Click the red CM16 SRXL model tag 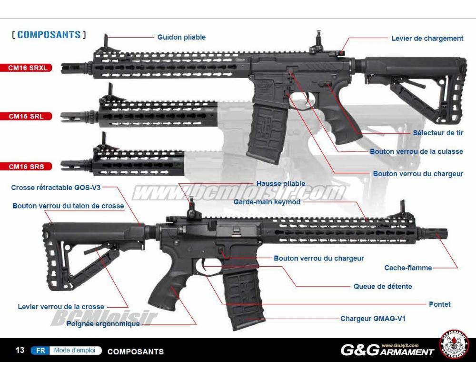(28, 68)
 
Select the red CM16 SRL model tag (28, 116)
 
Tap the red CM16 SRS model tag (28, 166)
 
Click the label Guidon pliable (181, 37)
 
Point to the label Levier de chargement (427, 38)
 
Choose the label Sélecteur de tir (438, 133)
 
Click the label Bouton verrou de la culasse (416, 151)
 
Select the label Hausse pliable (280, 184)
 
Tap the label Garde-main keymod (267, 202)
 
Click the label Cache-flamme (408, 268)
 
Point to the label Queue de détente (382, 286)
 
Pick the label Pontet (439, 304)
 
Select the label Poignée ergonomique (103, 324)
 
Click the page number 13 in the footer (20, 351)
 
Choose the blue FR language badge (40, 351)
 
